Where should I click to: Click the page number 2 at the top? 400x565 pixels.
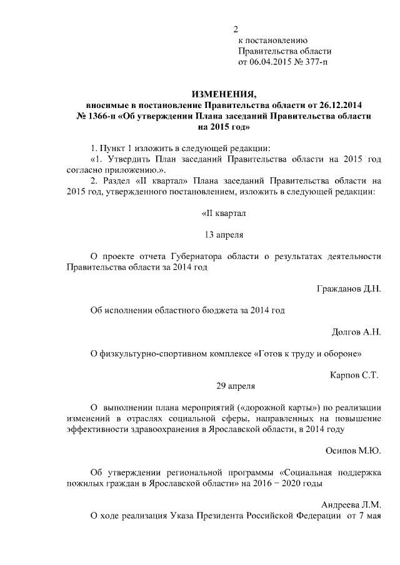pyautogui.click(x=236, y=29)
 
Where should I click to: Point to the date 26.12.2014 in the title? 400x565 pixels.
pyautogui.click(x=341, y=106)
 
